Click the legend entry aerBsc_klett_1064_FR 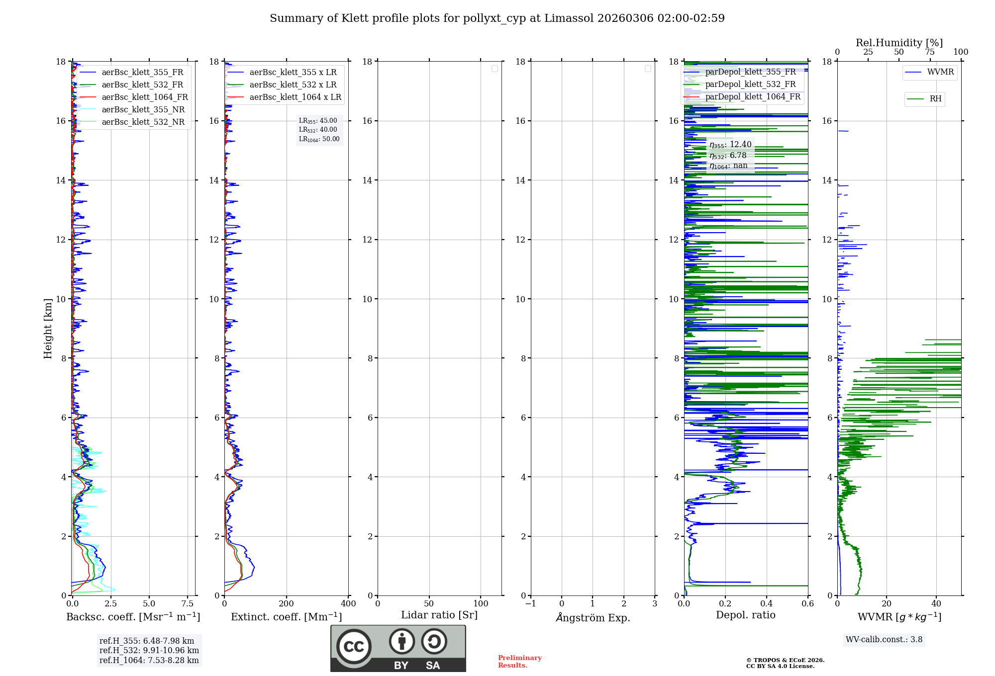point(145,97)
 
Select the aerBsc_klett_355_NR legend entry point(143,110)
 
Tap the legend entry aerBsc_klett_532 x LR point(293,85)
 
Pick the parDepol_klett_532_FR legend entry point(750,84)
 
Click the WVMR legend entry point(940,72)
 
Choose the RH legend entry point(935,99)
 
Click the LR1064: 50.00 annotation point(319,139)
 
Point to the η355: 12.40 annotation point(730,145)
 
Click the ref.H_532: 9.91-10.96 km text point(149,651)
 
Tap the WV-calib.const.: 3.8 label point(884,640)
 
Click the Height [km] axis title point(48,329)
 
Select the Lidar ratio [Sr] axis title point(439,615)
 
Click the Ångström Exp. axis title point(593,618)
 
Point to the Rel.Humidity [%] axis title point(899,43)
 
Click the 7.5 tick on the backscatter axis point(188,604)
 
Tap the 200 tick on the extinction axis point(287,604)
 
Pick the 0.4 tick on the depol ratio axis point(767,604)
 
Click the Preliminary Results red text point(519,662)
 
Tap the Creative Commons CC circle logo point(354,647)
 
